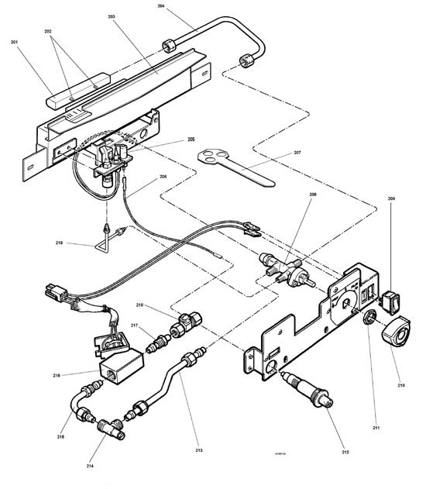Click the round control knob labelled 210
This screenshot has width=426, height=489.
pos(397,331)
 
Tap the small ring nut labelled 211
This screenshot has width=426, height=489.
pos(370,317)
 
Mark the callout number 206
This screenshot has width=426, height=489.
pos(162,177)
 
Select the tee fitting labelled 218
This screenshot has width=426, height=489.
pos(187,322)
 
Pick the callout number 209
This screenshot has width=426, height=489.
pos(390,200)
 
